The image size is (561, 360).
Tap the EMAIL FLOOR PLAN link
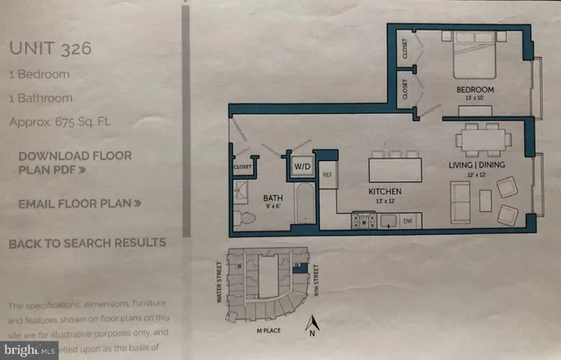pyautogui.click(x=80, y=203)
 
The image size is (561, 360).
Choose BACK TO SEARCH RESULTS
pyautogui.click(x=87, y=243)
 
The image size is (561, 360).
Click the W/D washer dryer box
pyautogui.click(x=302, y=165)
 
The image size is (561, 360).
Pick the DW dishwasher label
pyautogui.click(x=408, y=222)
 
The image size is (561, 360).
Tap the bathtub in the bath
pyautogui.click(x=298, y=205)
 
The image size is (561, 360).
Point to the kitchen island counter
pyautogui.click(x=394, y=166)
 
